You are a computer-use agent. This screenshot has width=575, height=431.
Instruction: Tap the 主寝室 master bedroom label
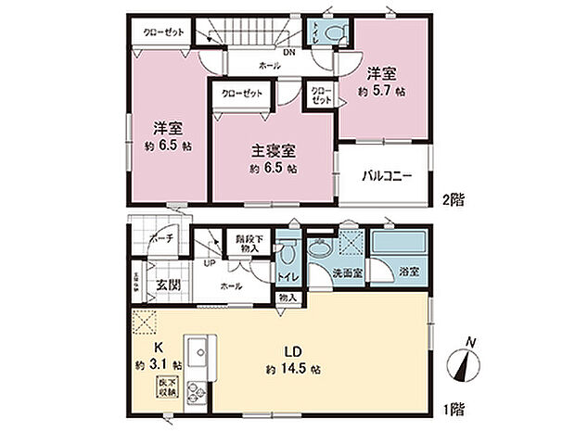point(273,148)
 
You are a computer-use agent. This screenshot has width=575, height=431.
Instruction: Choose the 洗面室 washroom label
point(348,274)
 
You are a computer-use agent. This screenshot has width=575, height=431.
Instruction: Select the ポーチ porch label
point(154,238)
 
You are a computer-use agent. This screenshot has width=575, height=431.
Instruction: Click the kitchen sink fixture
point(198,353)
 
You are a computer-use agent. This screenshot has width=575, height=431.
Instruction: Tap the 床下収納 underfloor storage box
point(167,386)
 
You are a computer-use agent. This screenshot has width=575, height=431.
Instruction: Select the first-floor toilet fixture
point(287,251)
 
